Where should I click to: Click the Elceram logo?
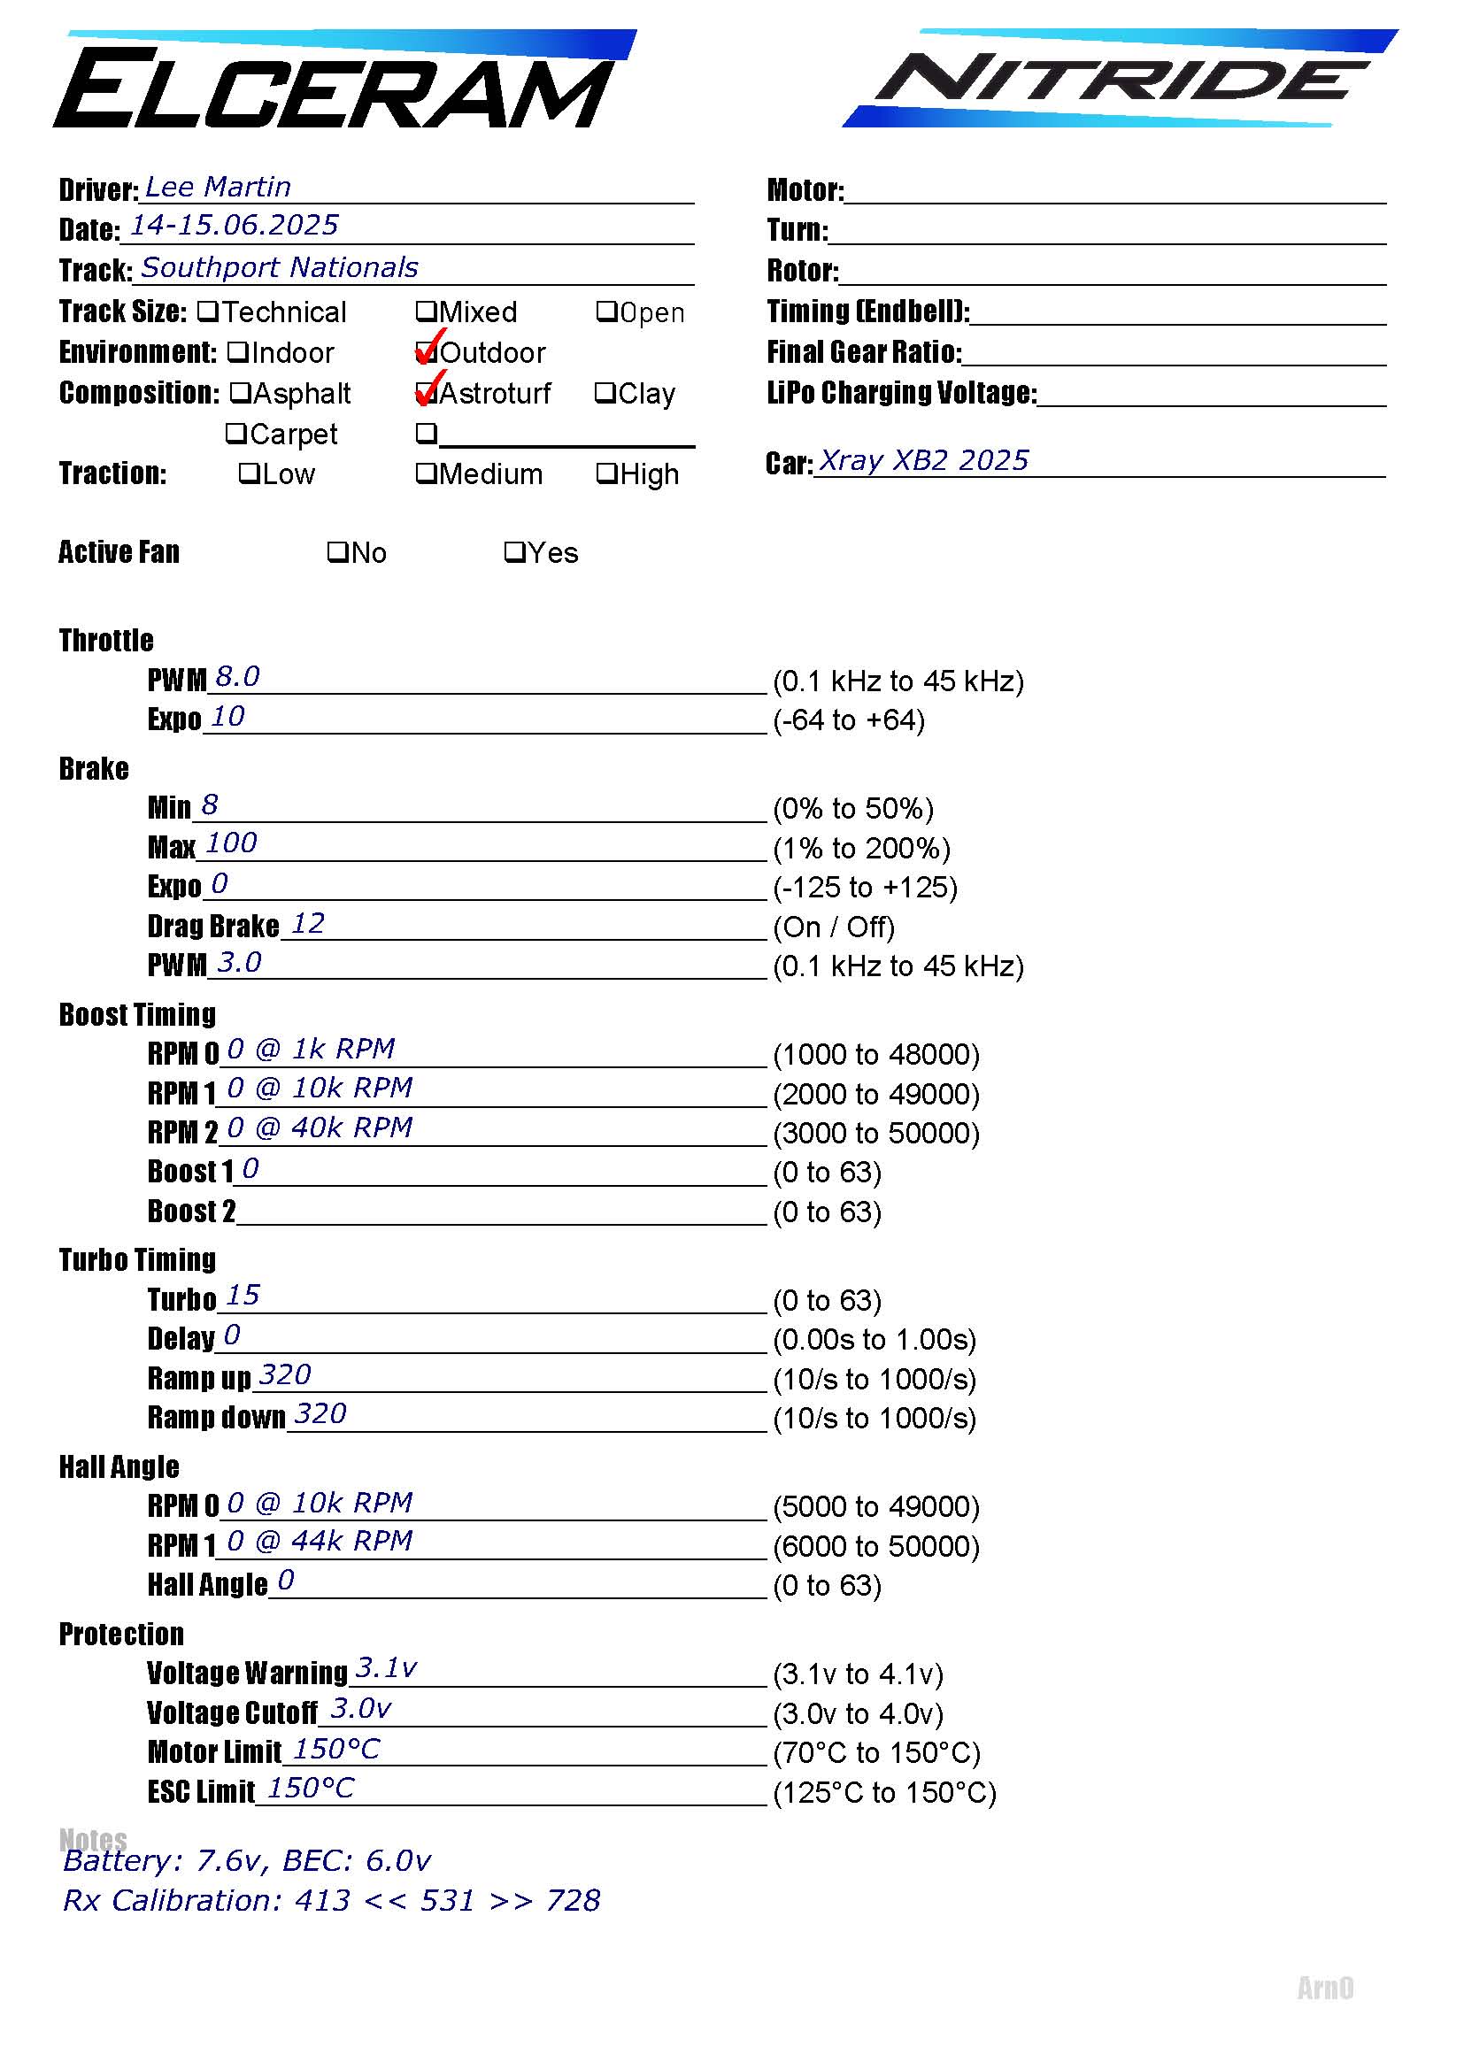pos(343,83)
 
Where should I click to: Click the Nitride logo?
pos(1118,80)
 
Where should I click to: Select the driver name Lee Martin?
pos(218,188)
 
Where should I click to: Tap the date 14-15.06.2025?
pos(235,226)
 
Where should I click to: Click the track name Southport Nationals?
pos(280,268)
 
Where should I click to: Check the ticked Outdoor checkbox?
pos(426,352)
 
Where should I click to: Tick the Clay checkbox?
pos(605,393)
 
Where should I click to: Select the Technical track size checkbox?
pos(208,312)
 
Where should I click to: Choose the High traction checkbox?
pos(606,473)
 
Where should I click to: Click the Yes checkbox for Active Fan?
pos(515,551)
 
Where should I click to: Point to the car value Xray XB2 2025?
pos(923,461)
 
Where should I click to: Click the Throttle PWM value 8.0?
pos(238,676)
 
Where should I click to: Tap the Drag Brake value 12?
pos(308,923)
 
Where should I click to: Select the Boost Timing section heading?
pos(138,1014)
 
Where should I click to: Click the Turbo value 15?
pos(243,1296)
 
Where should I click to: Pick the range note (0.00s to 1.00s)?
pos(875,1340)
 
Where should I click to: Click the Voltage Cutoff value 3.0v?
pos(360,1708)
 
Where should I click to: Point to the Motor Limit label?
pos(214,1751)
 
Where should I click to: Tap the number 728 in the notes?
pos(574,1900)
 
